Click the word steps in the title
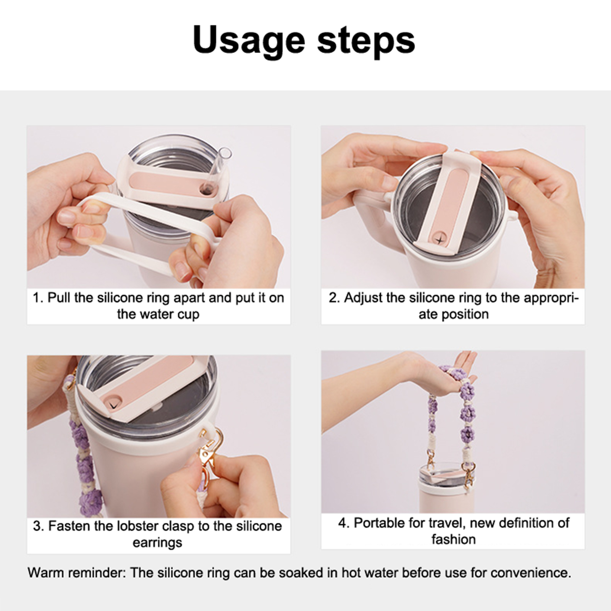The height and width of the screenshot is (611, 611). click(x=366, y=40)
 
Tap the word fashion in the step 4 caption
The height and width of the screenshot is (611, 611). click(x=454, y=539)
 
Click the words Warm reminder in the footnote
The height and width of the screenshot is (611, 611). click(x=77, y=573)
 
